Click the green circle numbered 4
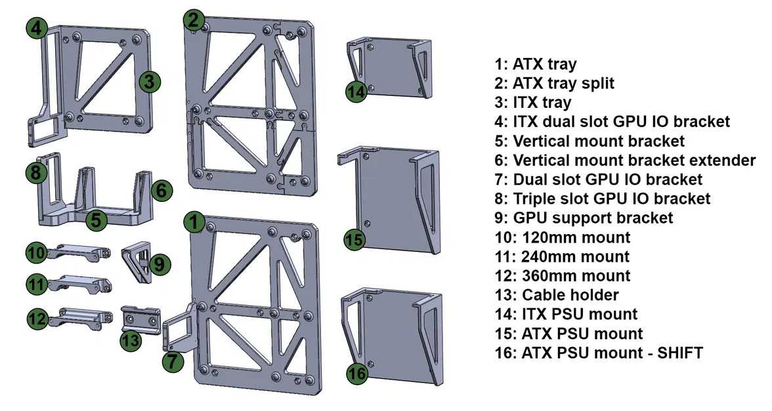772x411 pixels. coord(37,28)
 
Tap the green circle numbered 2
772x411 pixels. coord(193,20)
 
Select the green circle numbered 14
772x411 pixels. coord(356,92)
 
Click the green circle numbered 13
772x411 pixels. coord(131,340)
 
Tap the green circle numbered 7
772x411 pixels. coord(172,360)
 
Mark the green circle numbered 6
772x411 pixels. coord(161,191)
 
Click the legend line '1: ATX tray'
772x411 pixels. coord(536,64)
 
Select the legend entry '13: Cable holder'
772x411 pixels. coord(557,295)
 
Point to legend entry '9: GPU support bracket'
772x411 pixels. coord(584,218)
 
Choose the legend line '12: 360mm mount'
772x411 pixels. coord(563,276)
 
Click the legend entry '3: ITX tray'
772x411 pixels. coord(533,103)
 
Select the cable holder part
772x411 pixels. coord(142,320)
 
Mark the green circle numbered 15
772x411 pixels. coord(354,240)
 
